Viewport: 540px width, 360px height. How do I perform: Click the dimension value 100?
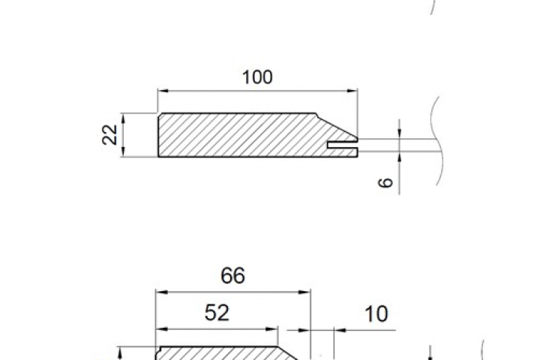tap(257, 77)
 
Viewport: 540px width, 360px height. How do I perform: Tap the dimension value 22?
tap(110, 135)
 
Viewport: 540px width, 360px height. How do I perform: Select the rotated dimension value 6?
tap(385, 182)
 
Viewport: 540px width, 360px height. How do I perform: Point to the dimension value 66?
tap(232, 275)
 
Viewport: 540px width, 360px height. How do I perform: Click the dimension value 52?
tap(217, 313)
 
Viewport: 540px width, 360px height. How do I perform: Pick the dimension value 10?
tap(376, 313)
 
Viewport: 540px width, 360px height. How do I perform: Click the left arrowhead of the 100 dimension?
tap(163, 91)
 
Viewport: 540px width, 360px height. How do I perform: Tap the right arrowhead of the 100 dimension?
tap(352, 91)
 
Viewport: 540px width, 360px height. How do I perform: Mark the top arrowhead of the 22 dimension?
tap(123, 118)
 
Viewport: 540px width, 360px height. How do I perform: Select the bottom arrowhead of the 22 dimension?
tap(123, 151)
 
